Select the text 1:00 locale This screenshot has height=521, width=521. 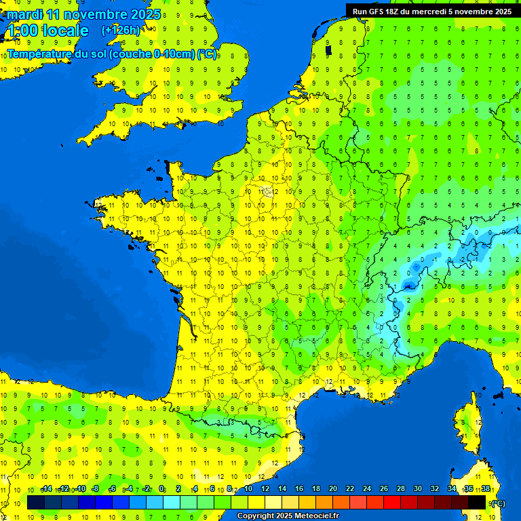47,31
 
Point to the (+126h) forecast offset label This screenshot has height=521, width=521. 121,31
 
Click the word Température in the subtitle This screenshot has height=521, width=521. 41,54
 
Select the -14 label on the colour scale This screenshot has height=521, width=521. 46,489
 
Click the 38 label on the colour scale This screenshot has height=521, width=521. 486,489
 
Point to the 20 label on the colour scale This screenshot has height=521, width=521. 332,489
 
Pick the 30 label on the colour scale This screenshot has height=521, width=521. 417,489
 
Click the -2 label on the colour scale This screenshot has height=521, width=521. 145,489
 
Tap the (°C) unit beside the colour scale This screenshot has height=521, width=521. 498,503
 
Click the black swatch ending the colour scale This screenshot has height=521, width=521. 477,502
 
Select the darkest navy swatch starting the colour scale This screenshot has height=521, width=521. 36,502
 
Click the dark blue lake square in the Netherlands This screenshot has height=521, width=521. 329,50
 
